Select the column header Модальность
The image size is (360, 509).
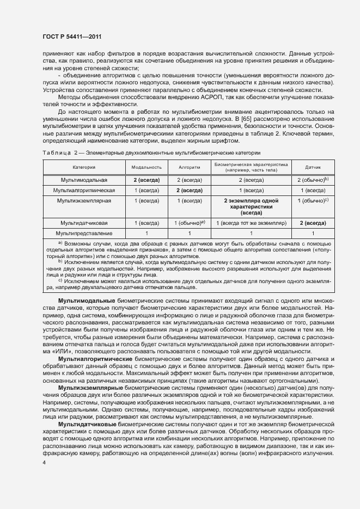(147, 167)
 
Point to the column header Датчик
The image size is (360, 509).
(313, 167)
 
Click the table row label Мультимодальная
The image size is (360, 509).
(83, 179)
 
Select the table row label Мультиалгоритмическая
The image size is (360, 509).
(83, 191)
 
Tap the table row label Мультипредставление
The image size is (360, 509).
(83, 234)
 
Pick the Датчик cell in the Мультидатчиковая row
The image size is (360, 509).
(313, 223)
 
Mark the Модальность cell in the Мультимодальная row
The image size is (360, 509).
(147, 179)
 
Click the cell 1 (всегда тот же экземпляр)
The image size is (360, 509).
(251, 223)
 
